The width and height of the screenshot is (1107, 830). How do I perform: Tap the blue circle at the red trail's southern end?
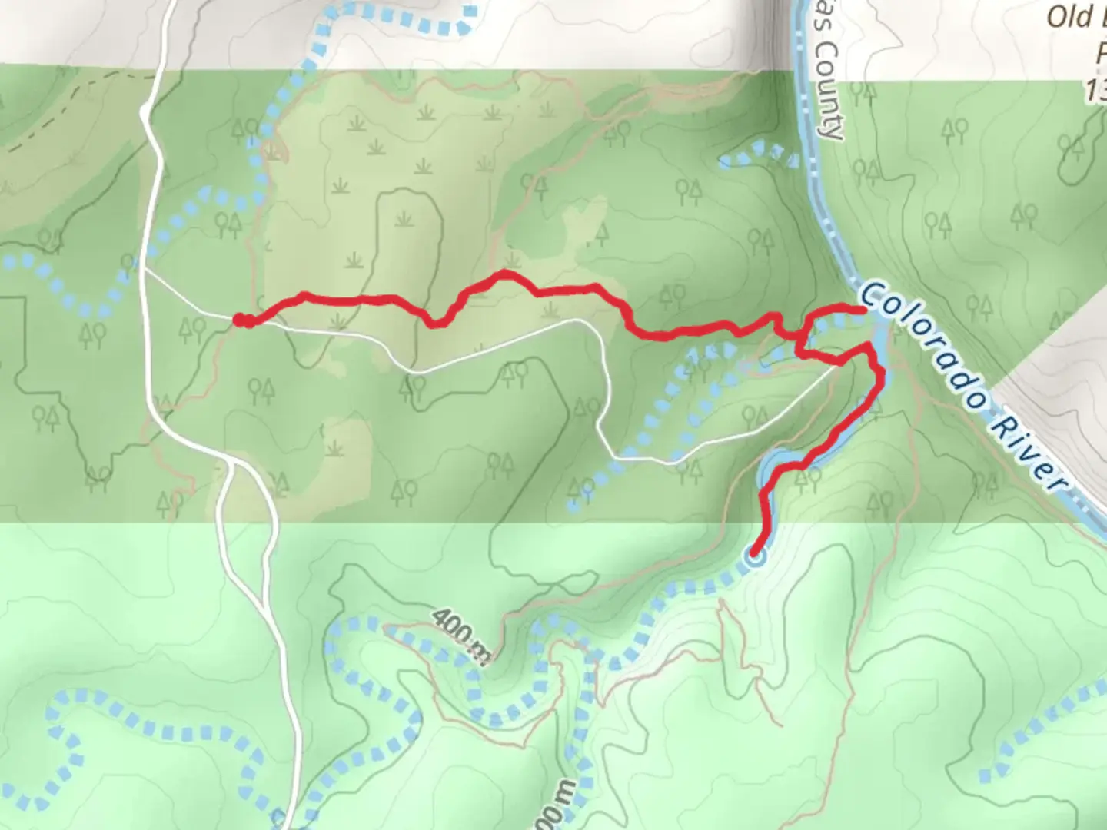click(x=756, y=559)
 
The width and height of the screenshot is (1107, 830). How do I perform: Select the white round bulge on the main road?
click(x=146, y=114)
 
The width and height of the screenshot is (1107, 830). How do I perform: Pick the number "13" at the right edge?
click(x=1096, y=91)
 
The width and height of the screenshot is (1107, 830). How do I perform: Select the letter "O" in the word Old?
click(x=1059, y=17)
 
